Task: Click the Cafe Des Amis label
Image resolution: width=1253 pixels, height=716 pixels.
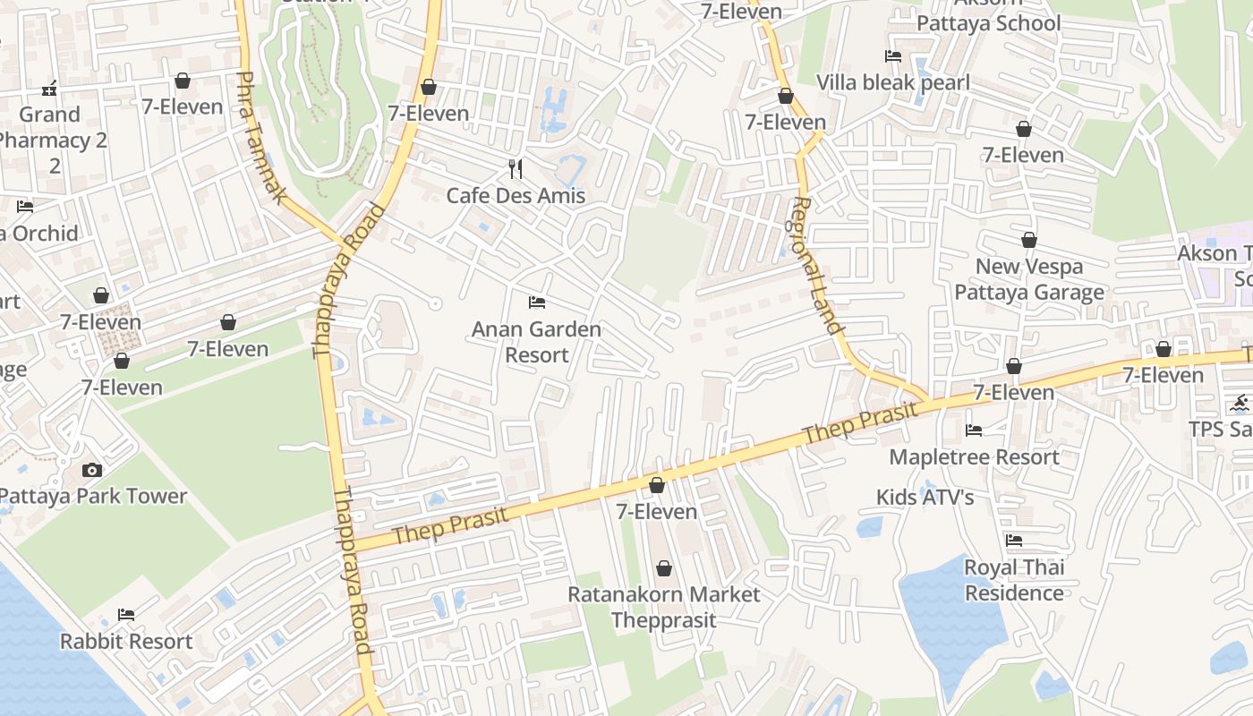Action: tap(516, 196)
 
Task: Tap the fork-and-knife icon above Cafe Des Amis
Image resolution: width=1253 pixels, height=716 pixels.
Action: tap(516, 168)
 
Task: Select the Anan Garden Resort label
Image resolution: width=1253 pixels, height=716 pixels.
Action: tap(536, 342)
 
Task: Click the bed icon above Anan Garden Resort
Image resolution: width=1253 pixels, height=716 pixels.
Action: tap(537, 303)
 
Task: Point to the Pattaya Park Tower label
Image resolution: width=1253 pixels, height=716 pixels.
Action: tap(93, 496)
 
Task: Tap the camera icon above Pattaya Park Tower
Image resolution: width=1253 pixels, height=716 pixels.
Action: tap(92, 471)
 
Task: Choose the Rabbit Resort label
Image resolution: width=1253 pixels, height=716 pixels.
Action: tap(126, 642)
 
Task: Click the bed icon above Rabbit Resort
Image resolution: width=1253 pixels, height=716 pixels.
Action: tap(126, 615)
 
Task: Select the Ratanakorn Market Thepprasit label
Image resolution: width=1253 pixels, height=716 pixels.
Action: tap(663, 607)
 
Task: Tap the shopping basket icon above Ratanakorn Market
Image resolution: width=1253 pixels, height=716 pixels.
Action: tap(664, 568)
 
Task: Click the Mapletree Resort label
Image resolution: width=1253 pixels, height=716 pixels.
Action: tap(974, 457)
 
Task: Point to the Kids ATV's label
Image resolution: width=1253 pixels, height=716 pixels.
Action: tap(925, 497)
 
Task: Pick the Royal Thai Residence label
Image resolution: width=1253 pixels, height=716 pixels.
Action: tap(1014, 580)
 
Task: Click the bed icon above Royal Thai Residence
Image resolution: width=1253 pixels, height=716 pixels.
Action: tap(1014, 541)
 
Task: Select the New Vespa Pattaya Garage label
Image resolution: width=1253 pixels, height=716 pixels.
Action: tap(1029, 279)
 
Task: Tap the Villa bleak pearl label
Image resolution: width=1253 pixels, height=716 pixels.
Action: tap(893, 83)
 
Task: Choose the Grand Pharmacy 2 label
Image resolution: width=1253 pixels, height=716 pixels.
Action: tap(51, 127)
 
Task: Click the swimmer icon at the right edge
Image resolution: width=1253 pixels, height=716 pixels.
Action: tap(1240, 403)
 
